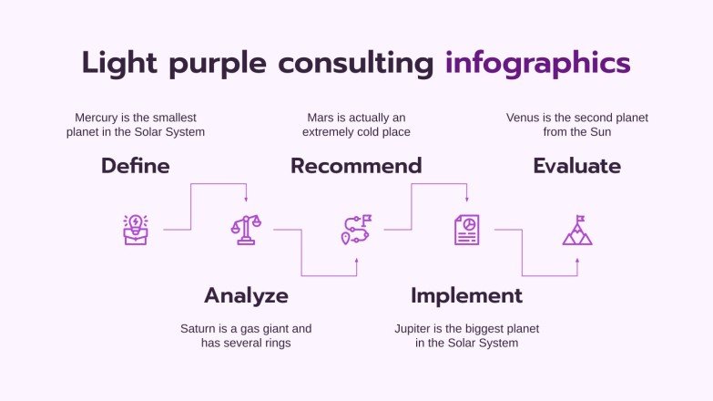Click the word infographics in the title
537,63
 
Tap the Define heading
135,166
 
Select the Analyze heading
246,295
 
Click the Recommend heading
356,166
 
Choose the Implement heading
466,295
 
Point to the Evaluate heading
576,166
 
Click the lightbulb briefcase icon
136,230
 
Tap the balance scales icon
246,230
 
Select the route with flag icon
356,230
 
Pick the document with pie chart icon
466,230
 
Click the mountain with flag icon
577,230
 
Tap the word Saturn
200,328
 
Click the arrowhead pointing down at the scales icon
246,199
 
